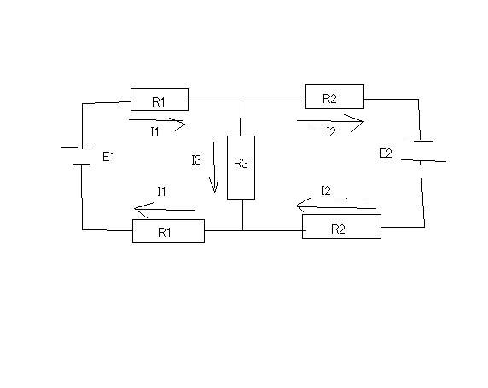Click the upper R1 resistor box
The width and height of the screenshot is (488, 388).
[x=160, y=99]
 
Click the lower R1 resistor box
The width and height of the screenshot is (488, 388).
[x=168, y=231]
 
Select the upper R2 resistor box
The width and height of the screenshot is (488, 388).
[x=334, y=96]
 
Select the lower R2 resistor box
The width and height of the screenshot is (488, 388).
[x=341, y=227]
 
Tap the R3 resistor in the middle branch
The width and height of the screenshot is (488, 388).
[x=241, y=167]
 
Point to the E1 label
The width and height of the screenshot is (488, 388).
[x=108, y=157]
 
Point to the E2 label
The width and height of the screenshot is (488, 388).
[x=386, y=153]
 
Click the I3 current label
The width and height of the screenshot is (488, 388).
[x=196, y=160]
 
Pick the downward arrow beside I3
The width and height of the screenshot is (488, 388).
[x=214, y=167]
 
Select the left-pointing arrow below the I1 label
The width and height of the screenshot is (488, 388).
[x=165, y=210]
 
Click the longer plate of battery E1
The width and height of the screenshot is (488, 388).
[x=78, y=148]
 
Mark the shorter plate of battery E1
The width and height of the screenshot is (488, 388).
[x=82, y=164]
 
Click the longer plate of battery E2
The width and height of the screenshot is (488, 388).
[x=423, y=160]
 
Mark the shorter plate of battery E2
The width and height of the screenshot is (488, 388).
[x=423, y=141]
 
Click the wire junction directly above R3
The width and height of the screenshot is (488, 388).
[x=241, y=101]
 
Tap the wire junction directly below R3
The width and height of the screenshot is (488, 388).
[x=243, y=230]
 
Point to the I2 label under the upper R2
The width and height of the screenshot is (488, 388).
[x=331, y=132]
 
